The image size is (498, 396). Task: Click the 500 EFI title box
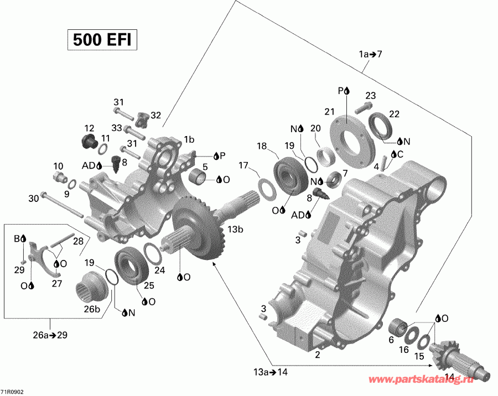click(102, 40)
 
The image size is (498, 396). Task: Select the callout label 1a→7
click(370, 54)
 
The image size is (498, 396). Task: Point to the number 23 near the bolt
click(370, 95)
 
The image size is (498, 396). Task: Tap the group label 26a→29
click(51, 335)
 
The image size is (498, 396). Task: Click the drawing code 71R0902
click(12, 391)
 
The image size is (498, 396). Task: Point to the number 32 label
click(155, 115)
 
